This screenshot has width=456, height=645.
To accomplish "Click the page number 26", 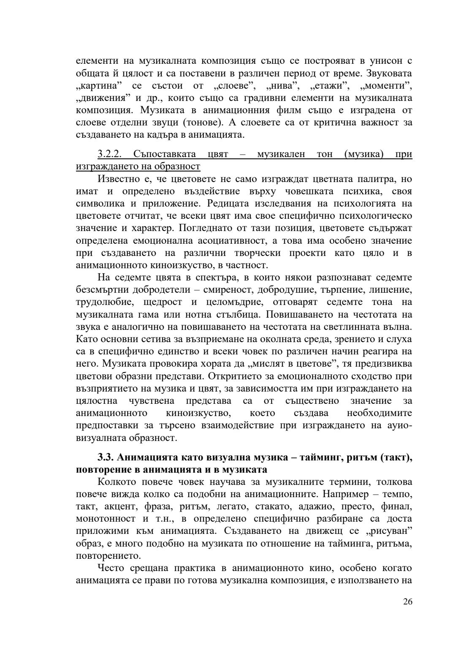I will [x=407, y=602].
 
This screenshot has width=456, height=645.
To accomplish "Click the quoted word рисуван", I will [x=390, y=531].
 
